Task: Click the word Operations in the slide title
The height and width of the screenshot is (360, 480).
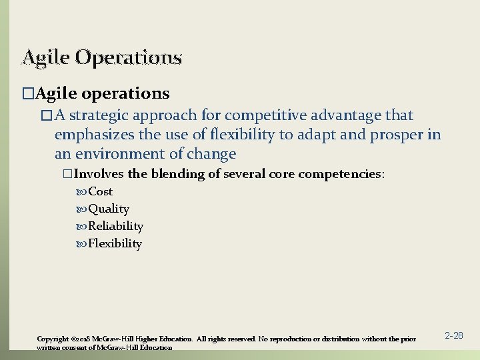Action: tap(128, 58)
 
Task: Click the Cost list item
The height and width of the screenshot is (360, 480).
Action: tap(100, 192)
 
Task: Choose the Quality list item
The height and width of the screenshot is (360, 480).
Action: tap(109, 209)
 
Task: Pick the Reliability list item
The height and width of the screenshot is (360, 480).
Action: tap(115, 227)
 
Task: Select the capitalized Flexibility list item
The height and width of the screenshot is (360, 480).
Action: tap(115, 244)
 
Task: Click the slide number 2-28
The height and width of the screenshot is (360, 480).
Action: tap(453, 336)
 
